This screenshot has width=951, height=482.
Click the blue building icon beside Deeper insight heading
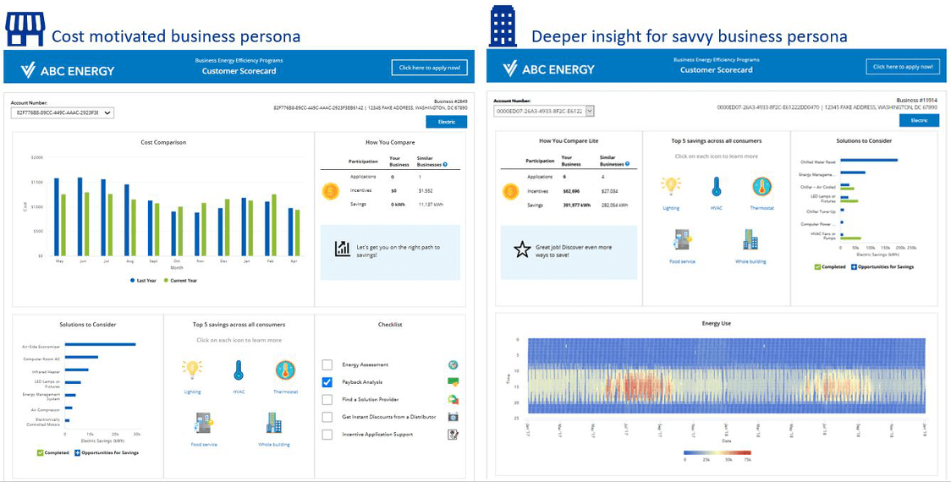(503, 27)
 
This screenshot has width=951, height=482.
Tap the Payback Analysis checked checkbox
(327, 382)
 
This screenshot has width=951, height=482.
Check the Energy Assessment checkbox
(327, 364)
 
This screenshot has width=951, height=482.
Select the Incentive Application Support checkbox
(327, 435)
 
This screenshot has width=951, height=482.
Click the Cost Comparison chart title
(163, 142)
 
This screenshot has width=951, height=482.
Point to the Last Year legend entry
(143, 280)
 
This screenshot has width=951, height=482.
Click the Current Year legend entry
(180, 280)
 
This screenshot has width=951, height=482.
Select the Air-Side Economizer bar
(101, 344)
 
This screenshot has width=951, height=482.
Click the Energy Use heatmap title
(717, 323)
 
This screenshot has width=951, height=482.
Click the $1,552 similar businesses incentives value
(425, 191)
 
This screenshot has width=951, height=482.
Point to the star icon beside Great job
(522, 249)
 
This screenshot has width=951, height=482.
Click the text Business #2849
(450, 101)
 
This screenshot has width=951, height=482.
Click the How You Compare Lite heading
(569, 140)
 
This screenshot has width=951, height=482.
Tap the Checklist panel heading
(390, 324)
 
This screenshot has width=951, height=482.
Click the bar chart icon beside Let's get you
(342, 249)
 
